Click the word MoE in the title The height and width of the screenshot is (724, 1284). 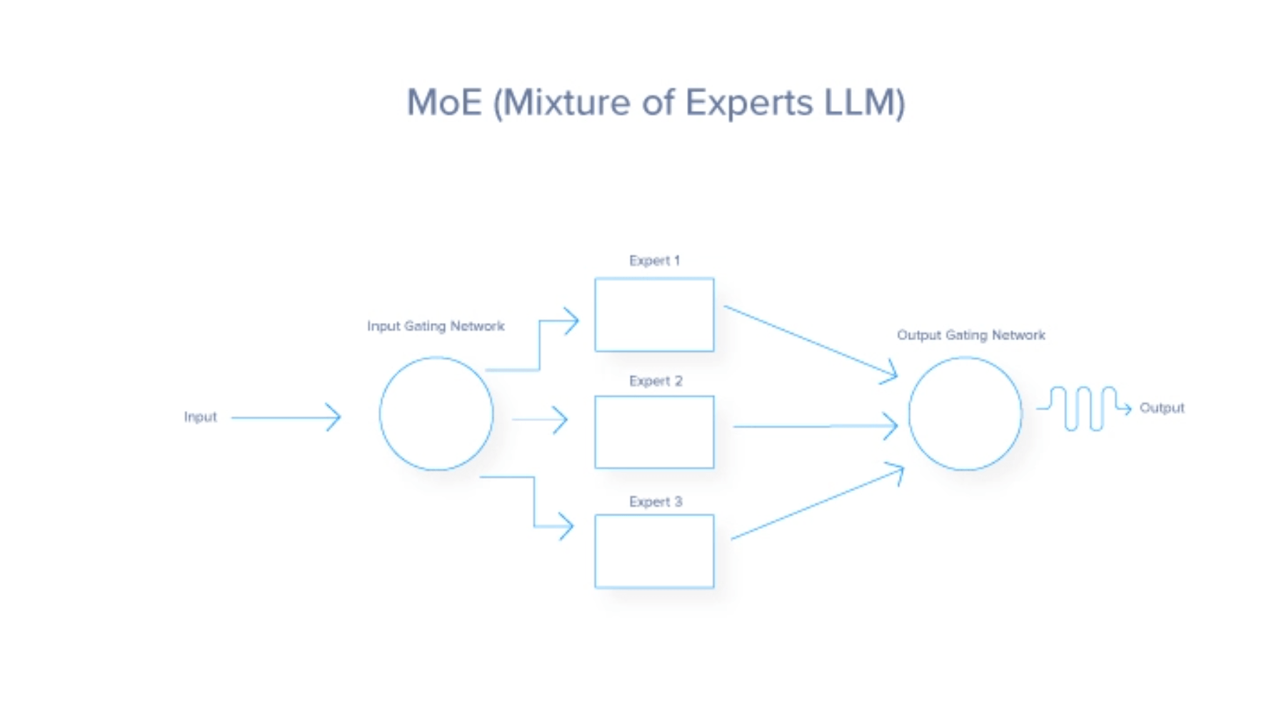click(444, 102)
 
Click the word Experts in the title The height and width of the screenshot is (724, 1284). click(748, 102)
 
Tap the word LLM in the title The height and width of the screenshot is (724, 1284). click(864, 102)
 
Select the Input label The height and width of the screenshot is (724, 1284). click(200, 417)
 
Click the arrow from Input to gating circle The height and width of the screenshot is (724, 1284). click(286, 417)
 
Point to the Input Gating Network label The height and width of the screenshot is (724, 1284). click(436, 326)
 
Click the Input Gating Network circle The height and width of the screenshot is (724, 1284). click(436, 414)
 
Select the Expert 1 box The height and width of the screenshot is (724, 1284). click(654, 314)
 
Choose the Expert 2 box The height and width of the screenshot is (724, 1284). click(654, 432)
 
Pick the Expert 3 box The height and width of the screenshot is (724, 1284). click(654, 551)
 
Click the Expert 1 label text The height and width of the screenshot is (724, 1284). click(655, 261)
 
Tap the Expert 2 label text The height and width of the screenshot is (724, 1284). click(656, 381)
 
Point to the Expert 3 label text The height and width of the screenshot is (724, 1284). click(656, 502)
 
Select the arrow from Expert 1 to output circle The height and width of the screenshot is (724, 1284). click(811, 340)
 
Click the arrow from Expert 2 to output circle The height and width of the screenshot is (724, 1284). click(814, 426)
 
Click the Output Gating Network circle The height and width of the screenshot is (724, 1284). click(965, 414)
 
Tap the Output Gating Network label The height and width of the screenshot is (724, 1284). click(970, 335)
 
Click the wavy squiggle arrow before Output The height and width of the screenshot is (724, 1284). click(1083, 408)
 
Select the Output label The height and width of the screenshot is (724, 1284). click(1162, 407)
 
